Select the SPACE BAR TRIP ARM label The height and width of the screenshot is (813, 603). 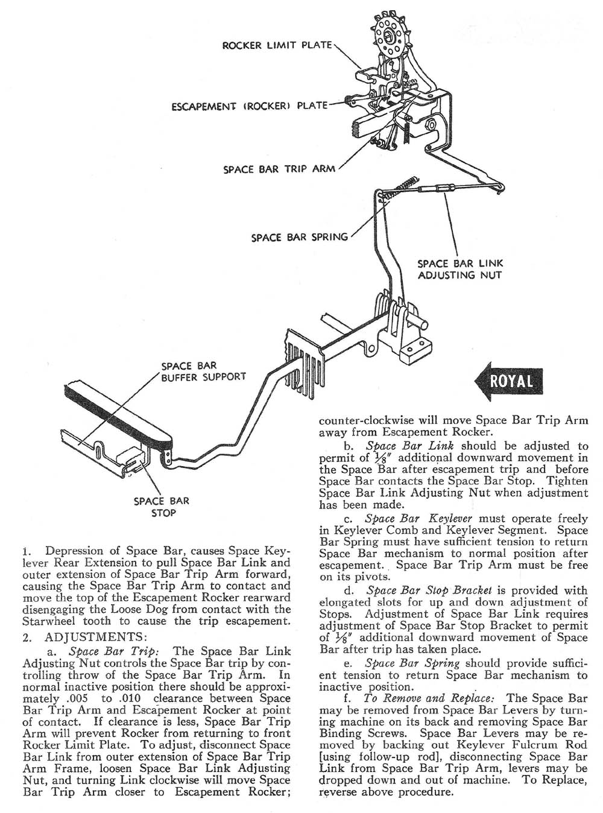pos(279,169)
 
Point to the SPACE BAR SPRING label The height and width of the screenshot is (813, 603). pos(300,237)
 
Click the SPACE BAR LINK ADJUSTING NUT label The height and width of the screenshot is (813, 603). pos(460,269)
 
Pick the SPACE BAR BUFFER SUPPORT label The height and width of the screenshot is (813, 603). pos(203,371)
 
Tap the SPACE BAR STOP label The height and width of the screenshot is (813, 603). pos(162,507)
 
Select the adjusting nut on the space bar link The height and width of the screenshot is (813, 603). pos(436,189)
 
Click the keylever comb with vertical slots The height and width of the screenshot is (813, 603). pos(301,362)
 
